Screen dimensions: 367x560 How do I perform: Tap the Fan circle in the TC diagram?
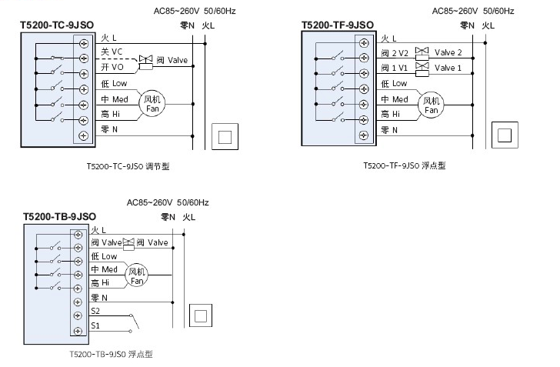coord(152,105)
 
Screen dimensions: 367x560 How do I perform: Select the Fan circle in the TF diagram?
coord(430,105)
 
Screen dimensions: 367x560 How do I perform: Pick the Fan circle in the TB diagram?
coord(136,275)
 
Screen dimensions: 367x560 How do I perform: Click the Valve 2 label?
coord(448,53)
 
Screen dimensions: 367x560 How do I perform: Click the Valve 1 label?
coord(448,68)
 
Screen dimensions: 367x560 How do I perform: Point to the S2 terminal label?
coord(95,311)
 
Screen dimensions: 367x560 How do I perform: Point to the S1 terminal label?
coord(95,325)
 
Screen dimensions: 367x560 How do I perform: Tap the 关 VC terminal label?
coord(112,51)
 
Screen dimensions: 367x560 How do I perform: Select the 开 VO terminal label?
coord(112,67)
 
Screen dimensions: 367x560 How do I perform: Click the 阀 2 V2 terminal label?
coord(394,53)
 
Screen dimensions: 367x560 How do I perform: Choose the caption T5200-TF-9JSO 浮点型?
coord(404,165)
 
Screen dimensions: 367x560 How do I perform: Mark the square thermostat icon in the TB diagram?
coord(201,315)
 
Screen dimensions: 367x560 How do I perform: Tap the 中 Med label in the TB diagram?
coord(104,269)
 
